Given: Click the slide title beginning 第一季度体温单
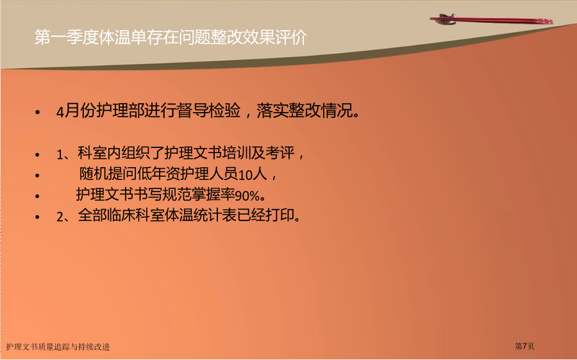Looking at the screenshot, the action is tap(171, 37).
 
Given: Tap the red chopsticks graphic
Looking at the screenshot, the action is tap(491, 19).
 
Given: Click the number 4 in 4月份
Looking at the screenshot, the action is tap(60, 112).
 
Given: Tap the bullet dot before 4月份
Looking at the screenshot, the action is tap(38, 112).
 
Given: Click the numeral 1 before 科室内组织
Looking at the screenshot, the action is tap(60, 154).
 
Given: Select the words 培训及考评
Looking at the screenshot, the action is tap(259, 153).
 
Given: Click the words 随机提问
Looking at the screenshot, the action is tap(108, 174).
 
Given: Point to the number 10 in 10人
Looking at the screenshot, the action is tap(246, 175).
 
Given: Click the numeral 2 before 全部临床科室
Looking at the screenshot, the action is tap(60, 217).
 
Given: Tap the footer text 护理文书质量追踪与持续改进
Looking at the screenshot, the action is tap(58, 347).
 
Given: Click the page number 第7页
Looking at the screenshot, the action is tap(524, 346).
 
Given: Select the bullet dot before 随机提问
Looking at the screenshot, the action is tap(38, 176).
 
